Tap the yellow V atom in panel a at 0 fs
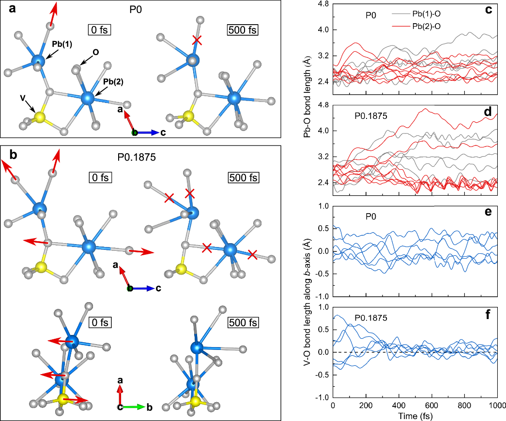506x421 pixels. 39,117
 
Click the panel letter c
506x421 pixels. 496,9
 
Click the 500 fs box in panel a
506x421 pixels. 243,30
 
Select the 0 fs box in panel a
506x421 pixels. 100,30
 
